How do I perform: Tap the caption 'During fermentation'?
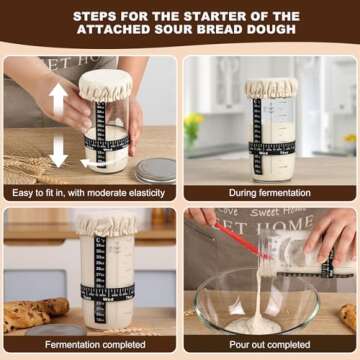point(270,191)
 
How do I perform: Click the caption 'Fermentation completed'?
point(90,346)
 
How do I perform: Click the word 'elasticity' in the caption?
point(146,191)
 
